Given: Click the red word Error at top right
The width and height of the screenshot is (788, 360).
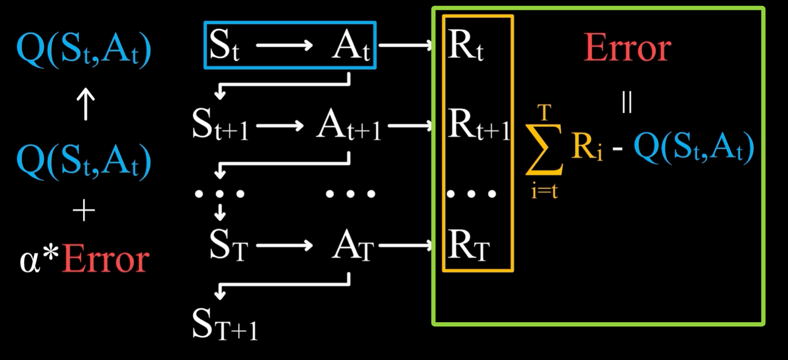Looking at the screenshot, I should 627,48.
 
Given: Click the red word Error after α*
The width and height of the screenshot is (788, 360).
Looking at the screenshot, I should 105,260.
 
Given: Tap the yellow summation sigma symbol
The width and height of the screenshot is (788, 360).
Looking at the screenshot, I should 544,149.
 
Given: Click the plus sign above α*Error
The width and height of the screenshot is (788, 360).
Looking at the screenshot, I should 84,211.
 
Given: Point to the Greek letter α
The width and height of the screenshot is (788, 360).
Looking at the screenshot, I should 30,261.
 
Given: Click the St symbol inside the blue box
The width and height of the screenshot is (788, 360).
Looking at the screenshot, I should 224,45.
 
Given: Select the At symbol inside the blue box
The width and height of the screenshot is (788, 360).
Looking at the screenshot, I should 351,46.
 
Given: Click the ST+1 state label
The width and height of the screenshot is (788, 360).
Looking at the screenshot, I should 225,325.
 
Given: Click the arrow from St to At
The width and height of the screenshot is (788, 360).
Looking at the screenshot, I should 284,46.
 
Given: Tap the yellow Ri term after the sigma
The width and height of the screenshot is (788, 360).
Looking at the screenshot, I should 587,147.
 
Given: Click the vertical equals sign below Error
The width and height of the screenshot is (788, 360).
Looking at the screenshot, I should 626,102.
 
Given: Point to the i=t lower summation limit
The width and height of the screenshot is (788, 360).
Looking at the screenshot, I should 544,190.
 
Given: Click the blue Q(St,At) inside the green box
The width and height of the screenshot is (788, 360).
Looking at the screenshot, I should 693,147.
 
